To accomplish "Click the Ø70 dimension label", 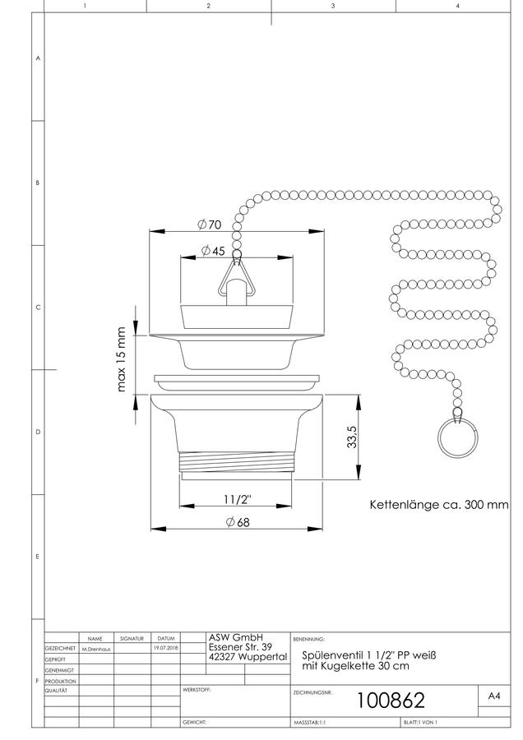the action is [209, 224].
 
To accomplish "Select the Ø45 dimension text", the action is [213, 251].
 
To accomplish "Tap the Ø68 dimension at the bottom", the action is [238, 522].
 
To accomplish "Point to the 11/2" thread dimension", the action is [238, 499].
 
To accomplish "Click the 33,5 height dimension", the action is [351, 437].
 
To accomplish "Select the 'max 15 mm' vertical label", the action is [121, 359].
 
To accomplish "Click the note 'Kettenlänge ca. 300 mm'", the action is [439, 505].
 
